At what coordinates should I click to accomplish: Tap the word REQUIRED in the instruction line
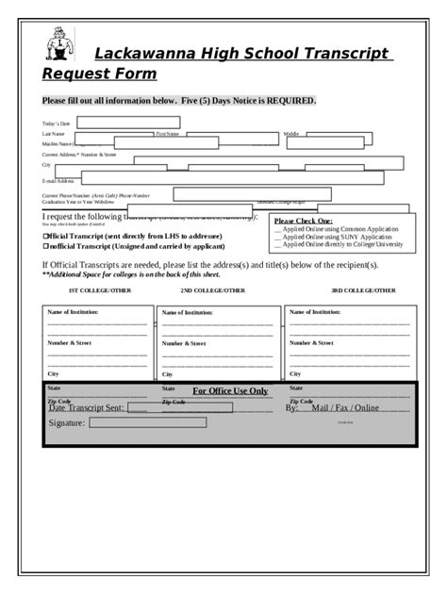[x=285, y=101]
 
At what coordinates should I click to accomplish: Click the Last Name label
[x=53, y=135]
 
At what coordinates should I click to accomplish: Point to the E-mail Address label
[x=58, y=180]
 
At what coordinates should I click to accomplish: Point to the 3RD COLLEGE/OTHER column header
[x=362, y=290]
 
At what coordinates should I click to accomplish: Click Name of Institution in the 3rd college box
[x=316, y=310]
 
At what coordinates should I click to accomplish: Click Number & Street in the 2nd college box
[x=184, y=343]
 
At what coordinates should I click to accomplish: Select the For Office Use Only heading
[x=230, y=390]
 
